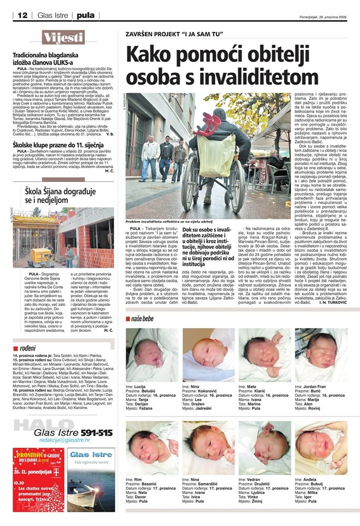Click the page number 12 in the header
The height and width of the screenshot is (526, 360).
22,15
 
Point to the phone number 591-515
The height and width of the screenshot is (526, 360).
95,432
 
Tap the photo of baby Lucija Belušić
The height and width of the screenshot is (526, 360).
152,355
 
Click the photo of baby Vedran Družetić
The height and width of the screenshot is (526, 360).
265,447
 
